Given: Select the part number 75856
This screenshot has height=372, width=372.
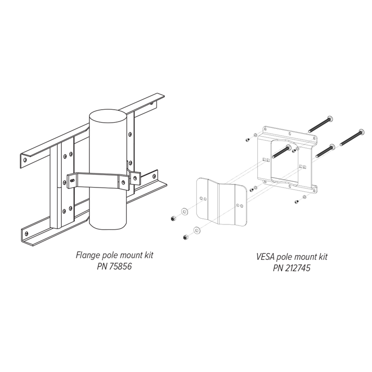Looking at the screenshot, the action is [x=121, y=267].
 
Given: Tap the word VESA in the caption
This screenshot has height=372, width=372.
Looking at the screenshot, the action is [x=265, y=257].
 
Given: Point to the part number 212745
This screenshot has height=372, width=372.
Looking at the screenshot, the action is [x=298, y=268].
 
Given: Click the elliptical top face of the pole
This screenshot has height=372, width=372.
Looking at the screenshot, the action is [x=108, y=116].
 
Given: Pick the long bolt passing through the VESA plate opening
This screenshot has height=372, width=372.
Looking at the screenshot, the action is [x=282, y=151].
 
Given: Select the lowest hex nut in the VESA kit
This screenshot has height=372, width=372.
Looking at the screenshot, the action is [x=185, y=237].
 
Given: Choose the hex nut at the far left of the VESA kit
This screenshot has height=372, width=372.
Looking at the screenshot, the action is [x=173, y=218].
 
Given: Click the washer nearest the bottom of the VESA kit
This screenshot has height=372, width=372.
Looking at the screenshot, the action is [x=197, y=230].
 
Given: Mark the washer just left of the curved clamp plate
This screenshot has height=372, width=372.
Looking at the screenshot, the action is [x=184, y=211].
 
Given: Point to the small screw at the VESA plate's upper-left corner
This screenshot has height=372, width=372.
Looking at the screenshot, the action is [x=247, y=140].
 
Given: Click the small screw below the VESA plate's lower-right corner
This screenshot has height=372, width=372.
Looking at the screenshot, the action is [x=297, y=202].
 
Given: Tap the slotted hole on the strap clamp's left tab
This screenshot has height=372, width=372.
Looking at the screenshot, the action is [x=72, y=180].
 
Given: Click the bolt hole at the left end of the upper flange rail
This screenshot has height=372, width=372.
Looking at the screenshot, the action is [x=25, y=160].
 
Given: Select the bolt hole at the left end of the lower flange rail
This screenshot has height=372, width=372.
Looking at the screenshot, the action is [x=26, y=233].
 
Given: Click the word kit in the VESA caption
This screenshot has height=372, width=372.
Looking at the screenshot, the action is [x=323, y=257].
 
